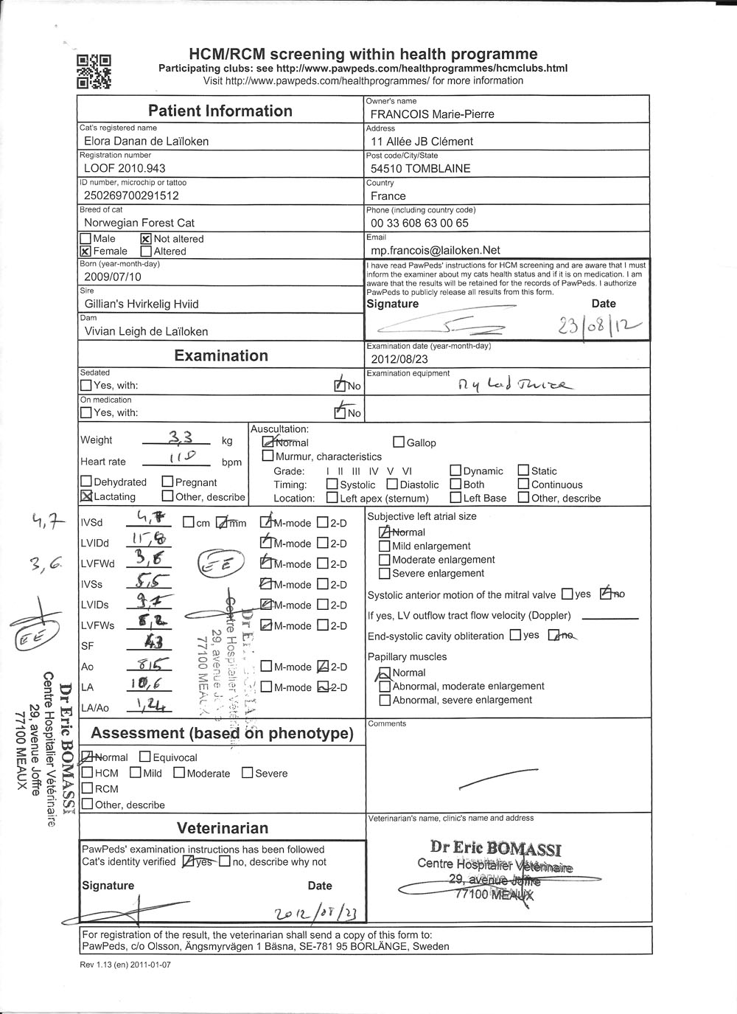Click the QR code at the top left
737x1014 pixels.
tap(94, 72)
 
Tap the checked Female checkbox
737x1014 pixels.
tap(85, 251)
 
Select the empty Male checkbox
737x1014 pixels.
tap(85, 239)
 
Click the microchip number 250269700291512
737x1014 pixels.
tap(132, 196)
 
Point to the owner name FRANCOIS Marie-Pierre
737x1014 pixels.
tap(433, 114)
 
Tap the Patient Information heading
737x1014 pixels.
tap(220, 111)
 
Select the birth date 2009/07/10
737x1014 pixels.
tap(113, 277)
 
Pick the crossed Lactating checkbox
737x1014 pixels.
tap(86, 497)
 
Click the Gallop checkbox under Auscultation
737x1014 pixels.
tap(399, 442)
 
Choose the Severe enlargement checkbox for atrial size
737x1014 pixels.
tap(384, 574)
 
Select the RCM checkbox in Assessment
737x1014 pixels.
tap(88, 789)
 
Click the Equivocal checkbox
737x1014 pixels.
tap(145, 757)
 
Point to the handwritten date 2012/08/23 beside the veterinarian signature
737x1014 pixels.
tap(320, 913)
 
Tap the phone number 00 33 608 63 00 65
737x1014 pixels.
tap(419, 223)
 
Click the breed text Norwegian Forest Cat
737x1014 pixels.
tap(139, 223)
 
